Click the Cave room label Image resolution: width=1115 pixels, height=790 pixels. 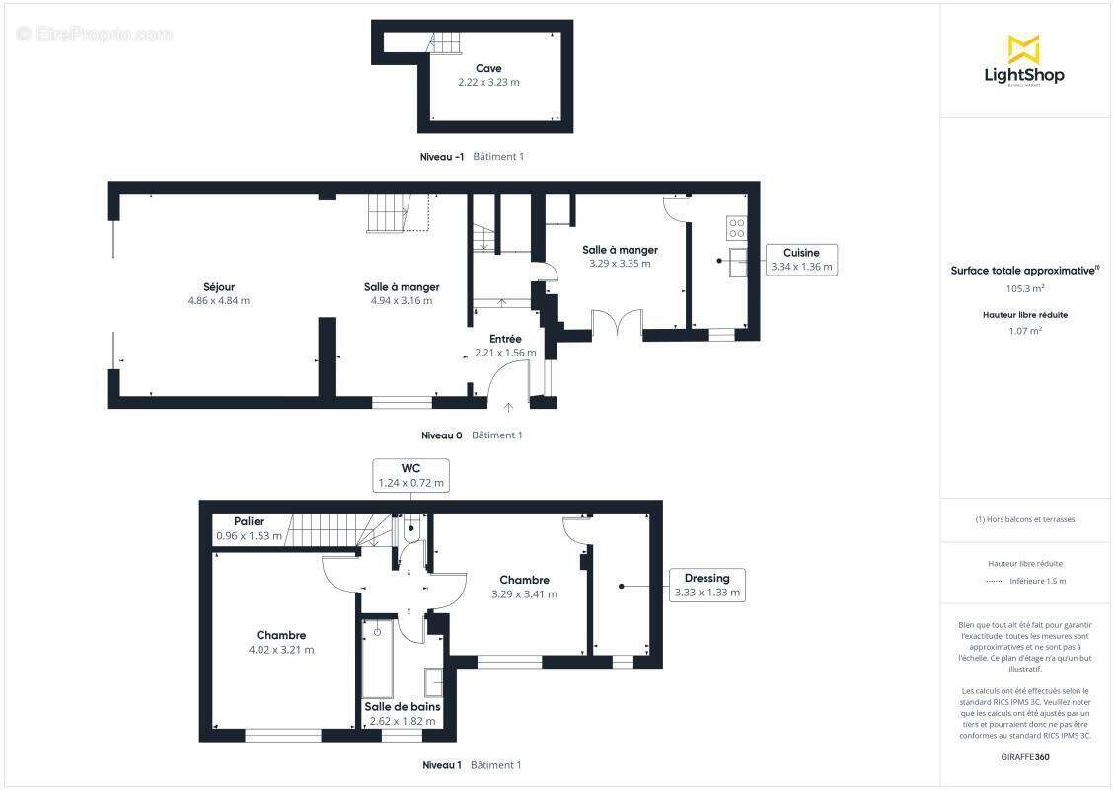click(488, 68)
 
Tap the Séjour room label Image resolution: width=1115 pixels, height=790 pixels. click(219, 286)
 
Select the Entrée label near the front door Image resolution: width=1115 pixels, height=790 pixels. click(505, 339)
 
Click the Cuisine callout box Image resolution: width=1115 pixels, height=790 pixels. click(801, 259)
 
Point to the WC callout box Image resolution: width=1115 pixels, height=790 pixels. click(411, 475)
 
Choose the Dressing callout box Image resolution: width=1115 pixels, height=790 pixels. click(706, 585)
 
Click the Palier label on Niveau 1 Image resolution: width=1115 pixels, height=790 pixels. click(249, 521)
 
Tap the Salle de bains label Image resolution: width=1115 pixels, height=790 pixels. click(403, 707)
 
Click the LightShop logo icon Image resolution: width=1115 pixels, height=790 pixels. click(1024, 49)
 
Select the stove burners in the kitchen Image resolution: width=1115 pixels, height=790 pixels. click(737, 228)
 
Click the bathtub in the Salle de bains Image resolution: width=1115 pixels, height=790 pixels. click(378, 659)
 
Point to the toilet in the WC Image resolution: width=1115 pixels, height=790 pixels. click(411, 528)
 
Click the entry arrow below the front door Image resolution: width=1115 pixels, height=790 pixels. click(508, 408)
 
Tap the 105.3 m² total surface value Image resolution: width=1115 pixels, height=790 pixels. click(1024, 288)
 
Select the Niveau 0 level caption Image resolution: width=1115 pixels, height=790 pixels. click(442, 435)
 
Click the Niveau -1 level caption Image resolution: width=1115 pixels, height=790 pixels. click(442, 157)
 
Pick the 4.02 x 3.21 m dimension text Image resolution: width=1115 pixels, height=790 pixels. click(281, 650)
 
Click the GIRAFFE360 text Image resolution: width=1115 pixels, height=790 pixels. click(1024, 757)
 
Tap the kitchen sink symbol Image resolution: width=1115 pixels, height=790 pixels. click(738, 262)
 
